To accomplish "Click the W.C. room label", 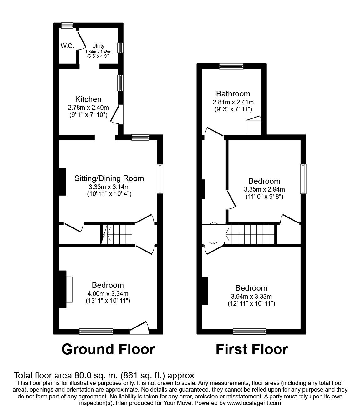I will (x=67, y=46).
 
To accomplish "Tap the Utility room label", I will (x=98, y=46).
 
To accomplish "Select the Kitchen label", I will (x=89, y=99).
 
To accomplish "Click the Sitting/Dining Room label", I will (x=109, y=178).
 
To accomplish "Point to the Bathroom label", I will (x=233, y=93).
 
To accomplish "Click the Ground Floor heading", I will (x=108, y=349).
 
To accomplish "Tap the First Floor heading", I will (x=251, y=349).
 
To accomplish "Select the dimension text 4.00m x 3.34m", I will (x=108, y=293).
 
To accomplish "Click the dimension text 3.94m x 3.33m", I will (x=251, y=296).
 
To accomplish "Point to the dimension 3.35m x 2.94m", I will (x=264, y=189).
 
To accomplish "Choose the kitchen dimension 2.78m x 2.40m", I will (x=89, y=107).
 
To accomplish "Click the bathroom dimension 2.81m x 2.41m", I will (x=233, y=102).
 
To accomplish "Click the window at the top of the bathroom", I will (x=231, y=66).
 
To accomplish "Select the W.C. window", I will (x=67, y=26).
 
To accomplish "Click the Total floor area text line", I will (x=104, y=375).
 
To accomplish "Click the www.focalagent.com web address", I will (x=254, y=403).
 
